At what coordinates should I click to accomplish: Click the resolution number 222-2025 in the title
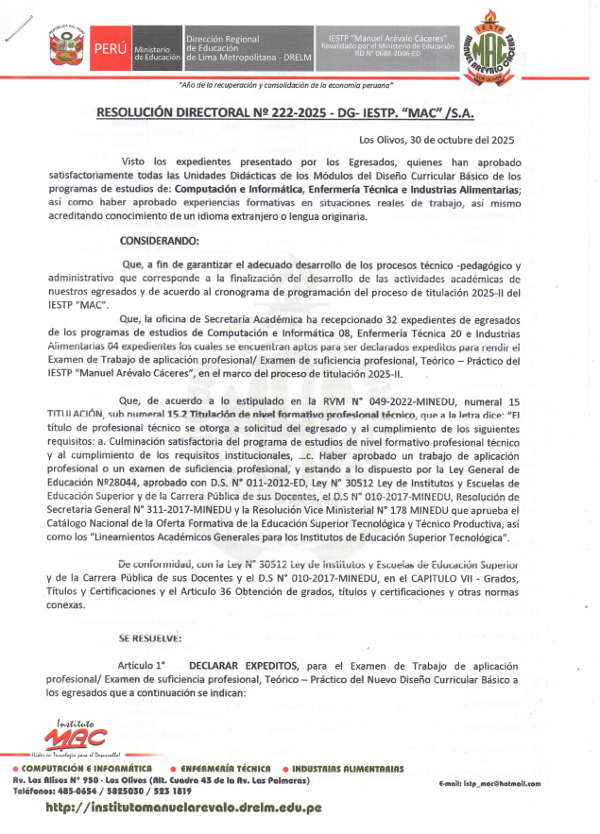(x=273, y=113)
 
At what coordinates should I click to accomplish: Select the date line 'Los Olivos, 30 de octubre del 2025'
(x=437, y=140)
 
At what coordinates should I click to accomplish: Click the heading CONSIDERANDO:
(x=160, y=241)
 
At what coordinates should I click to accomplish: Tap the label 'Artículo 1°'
(x=155, y=666)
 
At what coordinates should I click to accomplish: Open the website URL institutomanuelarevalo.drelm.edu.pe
(x=183, y=808)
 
